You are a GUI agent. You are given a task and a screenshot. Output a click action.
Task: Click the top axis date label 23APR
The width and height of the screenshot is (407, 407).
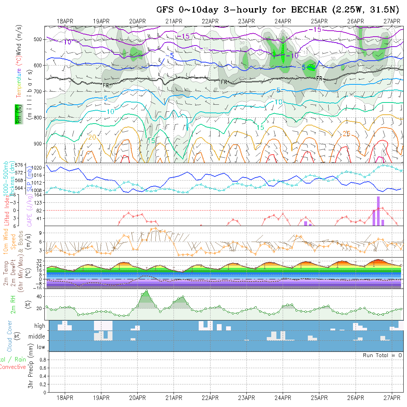click(246, 21)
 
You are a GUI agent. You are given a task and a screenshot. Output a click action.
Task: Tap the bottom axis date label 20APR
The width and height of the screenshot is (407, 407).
click(137, 398)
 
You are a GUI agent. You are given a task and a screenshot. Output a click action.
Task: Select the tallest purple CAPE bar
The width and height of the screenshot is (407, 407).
click(378, 211)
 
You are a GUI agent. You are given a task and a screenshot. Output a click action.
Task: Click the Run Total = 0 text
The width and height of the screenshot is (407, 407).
click(382, 355)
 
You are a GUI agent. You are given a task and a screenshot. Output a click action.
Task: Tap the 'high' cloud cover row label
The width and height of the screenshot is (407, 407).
click(40, 326)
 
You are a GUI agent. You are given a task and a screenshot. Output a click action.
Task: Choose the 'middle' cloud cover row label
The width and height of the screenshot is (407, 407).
click(37, 337)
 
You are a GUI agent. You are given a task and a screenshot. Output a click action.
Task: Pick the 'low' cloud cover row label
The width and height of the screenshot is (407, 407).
click(41, 347)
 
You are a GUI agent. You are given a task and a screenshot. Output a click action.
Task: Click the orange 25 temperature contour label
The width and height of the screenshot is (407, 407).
click(346, 134)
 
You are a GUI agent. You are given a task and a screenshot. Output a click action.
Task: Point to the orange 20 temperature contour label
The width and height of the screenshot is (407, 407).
click(92, 137)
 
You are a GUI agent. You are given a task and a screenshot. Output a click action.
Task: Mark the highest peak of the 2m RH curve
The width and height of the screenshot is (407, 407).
click(147, 291)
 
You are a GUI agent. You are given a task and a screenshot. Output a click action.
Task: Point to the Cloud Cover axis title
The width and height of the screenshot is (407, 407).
click(9, 336)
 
